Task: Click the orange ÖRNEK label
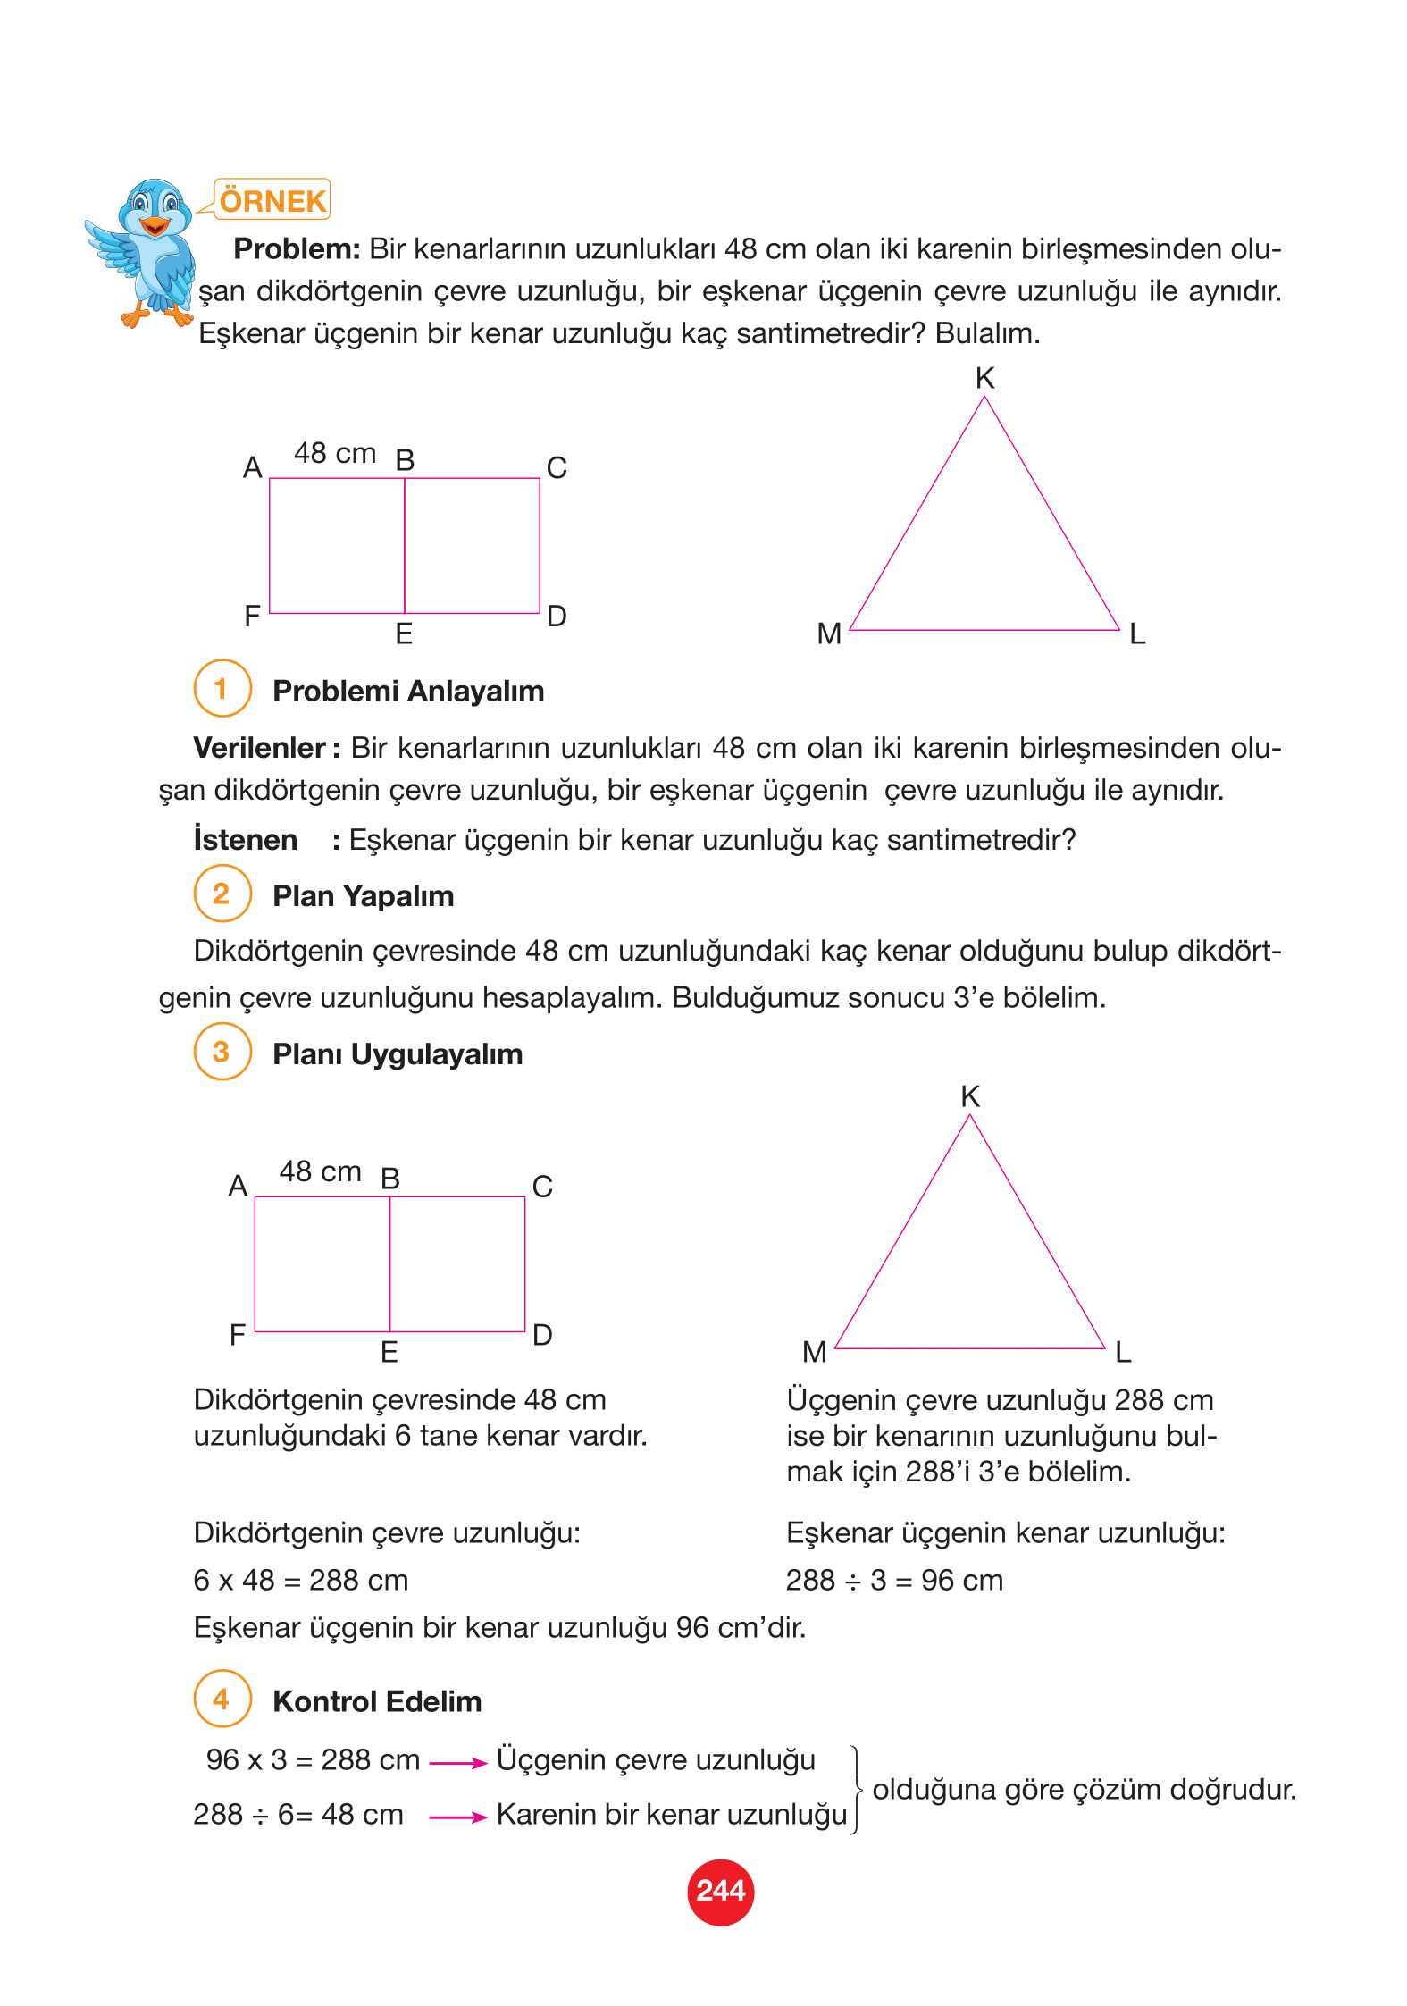coord(272,200)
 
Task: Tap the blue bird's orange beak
coord(155,225)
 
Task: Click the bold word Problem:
coord(297,249)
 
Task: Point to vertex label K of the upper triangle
coord(984,379)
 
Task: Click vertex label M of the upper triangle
coord(829,634)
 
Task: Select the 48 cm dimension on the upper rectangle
coord(335,454)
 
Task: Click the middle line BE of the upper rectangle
coord(405,545)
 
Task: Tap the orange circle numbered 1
coord(222,688)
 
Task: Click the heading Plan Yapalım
coord(363,895)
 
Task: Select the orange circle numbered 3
coord(222,1052)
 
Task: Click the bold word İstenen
coord(246,840)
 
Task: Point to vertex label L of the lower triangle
coord(1124,1352)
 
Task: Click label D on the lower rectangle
coord(542,1335)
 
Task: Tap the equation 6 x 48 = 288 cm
coord(300,1580)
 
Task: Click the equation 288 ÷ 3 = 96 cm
coord(894,1580)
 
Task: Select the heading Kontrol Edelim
coord(376,1701)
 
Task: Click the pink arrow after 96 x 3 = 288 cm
coord(457,1763)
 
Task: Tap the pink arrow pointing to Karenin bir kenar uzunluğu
coord(457,1817)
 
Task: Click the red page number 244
coord(720,1892)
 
